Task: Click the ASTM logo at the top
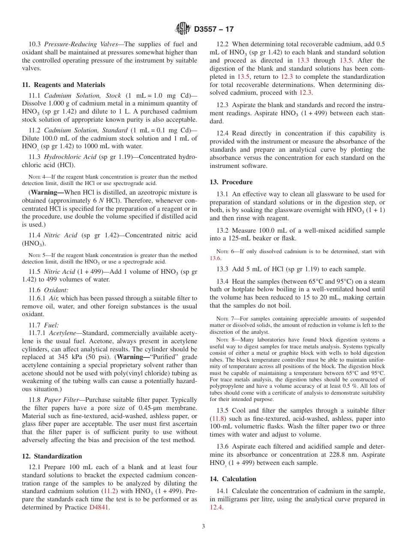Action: click(x=183, y=29)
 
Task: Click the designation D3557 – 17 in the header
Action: click(x=214, y=29)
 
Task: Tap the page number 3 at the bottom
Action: click(x=203, y=526)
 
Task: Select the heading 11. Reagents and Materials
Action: click(x=63, y=85)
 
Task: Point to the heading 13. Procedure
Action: click(x=231, y=182)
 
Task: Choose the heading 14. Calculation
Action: click(x=233, y=479)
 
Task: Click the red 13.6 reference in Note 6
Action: click(x=215, y=258)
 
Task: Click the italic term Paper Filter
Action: click(x=61, y=400)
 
